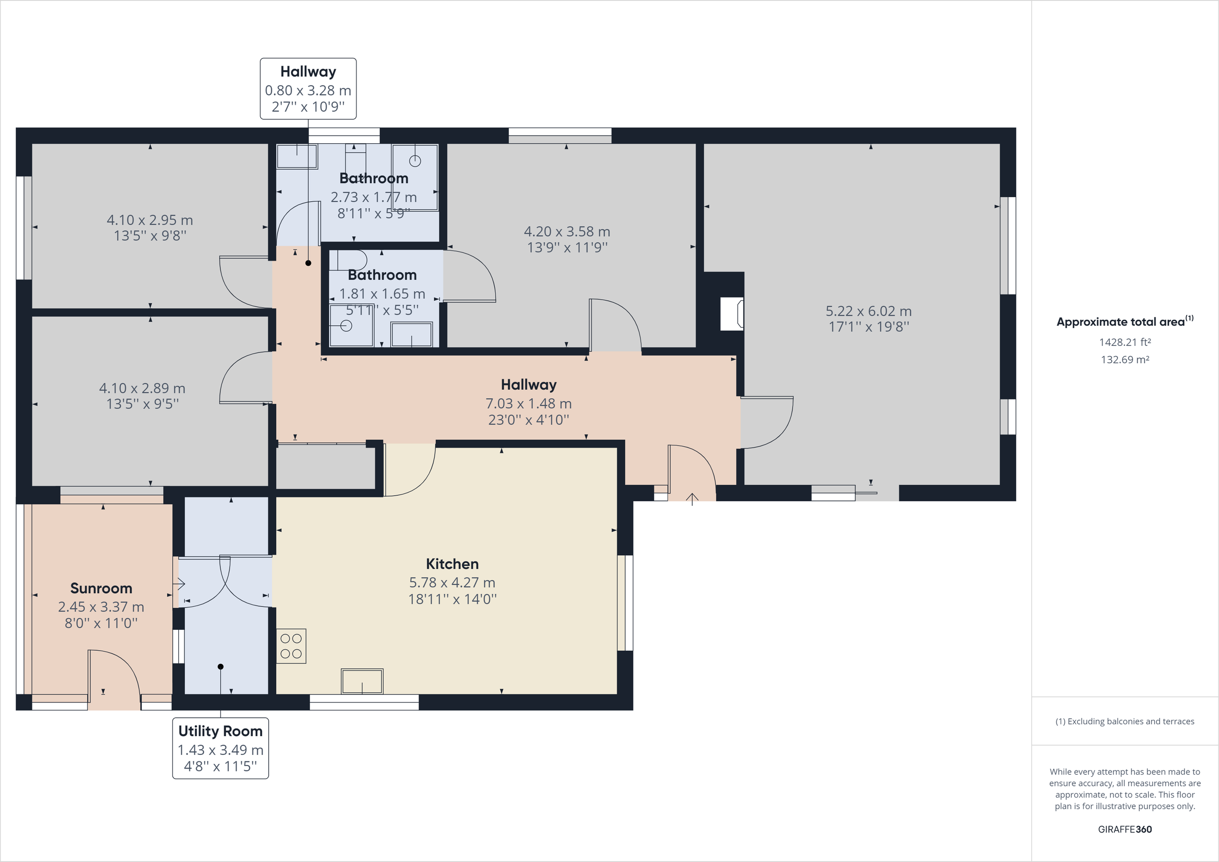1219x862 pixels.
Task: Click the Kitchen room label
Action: coord(452,563)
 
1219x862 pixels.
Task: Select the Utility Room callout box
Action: coord(220,748)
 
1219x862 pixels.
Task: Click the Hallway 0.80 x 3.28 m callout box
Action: coord(308,89)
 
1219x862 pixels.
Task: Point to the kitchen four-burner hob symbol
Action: coord(291,646)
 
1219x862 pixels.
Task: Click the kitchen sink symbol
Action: coord(362,681)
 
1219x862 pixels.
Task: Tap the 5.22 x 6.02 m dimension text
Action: coord(869,311)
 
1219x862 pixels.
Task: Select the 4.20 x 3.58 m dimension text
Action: coord(567,232)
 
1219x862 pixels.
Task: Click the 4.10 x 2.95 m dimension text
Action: coord(150,220)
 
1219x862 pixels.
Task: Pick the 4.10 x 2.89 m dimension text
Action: coord(142,388)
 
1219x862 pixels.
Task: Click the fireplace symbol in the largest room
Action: coord(731,314)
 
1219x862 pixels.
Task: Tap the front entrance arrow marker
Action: coord(692,499)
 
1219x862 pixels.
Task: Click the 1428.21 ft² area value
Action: coord(1125,342)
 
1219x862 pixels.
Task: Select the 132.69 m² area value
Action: coord(1125,360)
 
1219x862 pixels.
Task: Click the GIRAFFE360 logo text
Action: coord(1125,829)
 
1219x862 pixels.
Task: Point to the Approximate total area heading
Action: coord(1125,322)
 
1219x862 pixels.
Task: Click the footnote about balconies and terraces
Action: coord(1125,721)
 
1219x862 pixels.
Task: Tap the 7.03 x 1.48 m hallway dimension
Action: coord(528,404)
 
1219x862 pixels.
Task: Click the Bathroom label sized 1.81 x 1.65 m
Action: coord(382,275)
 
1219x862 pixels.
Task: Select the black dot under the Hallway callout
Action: coord(308,263)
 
